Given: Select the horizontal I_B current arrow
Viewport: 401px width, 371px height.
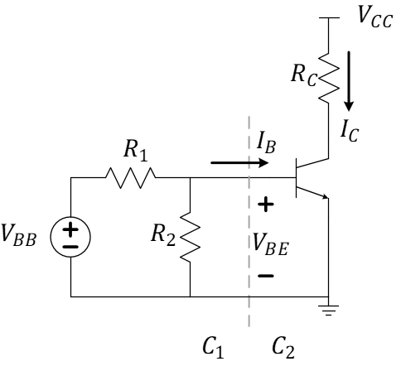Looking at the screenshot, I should pos(240,163).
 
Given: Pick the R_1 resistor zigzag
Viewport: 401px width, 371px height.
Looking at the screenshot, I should pos(130,177).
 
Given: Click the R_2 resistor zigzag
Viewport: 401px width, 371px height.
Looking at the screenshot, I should pos(191,237).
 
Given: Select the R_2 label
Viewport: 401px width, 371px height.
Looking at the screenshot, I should pos(163,238).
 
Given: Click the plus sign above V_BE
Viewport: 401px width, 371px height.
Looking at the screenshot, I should pos(268,202).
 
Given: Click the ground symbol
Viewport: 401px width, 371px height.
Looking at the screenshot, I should pos(329,306).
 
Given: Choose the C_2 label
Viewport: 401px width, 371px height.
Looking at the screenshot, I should pos(282,347).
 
